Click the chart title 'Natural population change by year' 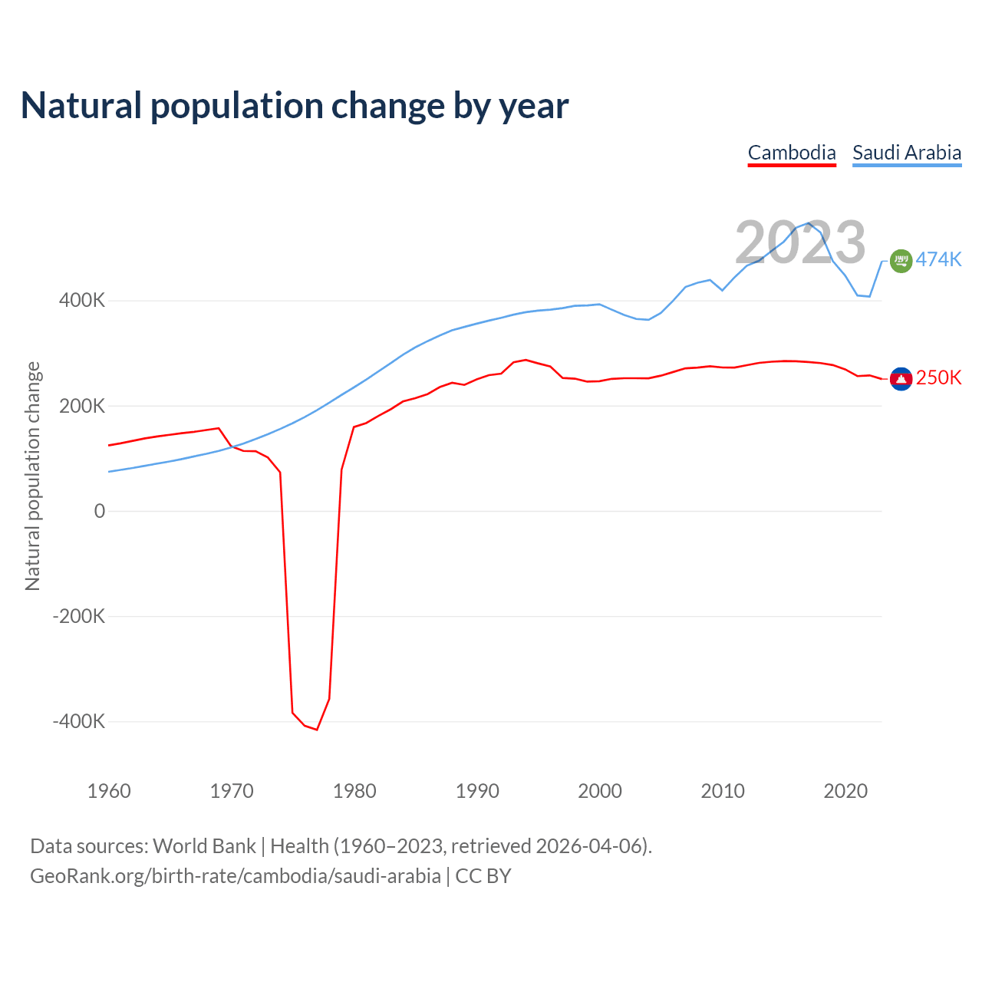[x=295, y=106]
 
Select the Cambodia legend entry [x=792, y=153]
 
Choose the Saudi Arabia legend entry [x=907, y=153]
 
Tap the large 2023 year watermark [x=800, y=242]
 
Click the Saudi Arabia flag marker [x=901, y=261]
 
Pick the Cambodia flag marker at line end [x=901, y=378]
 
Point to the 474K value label [x=938, y=259]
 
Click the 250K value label [x=938, y=377]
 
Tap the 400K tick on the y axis [x=82, y=300]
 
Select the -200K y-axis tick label [x=79, y=616]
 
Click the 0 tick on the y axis [x=99, y=511]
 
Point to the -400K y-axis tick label [x=79, y=721]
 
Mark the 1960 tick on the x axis [x=109, y=791]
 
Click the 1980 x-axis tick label [x=354, y=791]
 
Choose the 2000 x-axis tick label [x=600, y=791]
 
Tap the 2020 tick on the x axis [x=845, y=791]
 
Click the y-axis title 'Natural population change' [x=33, y=476]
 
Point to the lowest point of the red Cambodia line [x=317, y=730]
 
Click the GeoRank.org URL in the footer [x=236, y=876]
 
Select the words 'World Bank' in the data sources [x=204, y=846]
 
